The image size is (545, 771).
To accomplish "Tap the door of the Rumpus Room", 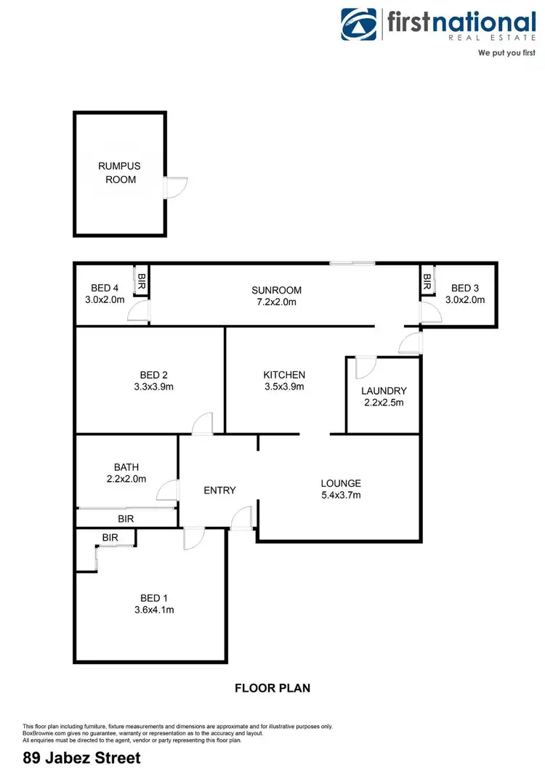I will [175, 187].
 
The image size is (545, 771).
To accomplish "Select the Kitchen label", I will [284, 375].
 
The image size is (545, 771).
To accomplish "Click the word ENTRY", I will [219, 491].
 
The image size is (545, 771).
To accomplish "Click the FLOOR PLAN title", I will [272, 687].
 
